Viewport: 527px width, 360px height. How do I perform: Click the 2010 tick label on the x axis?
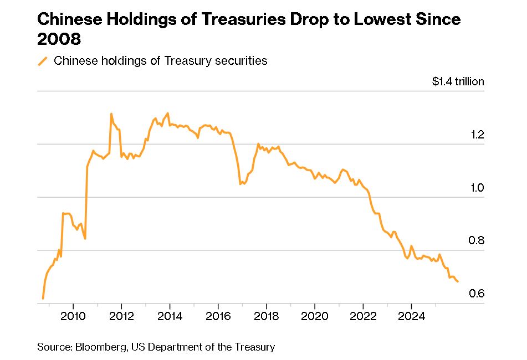(73, 316)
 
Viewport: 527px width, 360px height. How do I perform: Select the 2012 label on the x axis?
(121, 316)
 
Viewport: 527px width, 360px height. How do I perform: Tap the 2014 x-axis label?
(170, 316)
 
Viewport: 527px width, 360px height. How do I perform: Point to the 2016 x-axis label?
(218, 316)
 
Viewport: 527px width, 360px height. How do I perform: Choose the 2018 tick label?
(266, 316)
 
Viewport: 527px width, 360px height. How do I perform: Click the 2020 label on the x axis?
(315, 316)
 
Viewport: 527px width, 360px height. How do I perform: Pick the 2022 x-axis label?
(363, 316)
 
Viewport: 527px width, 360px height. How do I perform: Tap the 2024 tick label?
(412, 316)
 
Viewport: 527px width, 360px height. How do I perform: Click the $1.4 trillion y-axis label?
(458, 81)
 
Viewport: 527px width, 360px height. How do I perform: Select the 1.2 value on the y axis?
(477, 135)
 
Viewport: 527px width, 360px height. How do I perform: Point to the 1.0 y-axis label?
(477, 188)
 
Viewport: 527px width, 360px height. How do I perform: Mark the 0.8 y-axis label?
(477, 240)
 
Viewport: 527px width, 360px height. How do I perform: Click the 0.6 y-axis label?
(477, 294)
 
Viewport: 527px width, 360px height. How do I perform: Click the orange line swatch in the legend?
(43, 61)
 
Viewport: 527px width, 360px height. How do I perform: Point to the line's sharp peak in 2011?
(111, 114)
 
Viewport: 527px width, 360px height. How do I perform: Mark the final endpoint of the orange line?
(458, 282)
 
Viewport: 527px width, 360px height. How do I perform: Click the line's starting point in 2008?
(43, 299)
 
